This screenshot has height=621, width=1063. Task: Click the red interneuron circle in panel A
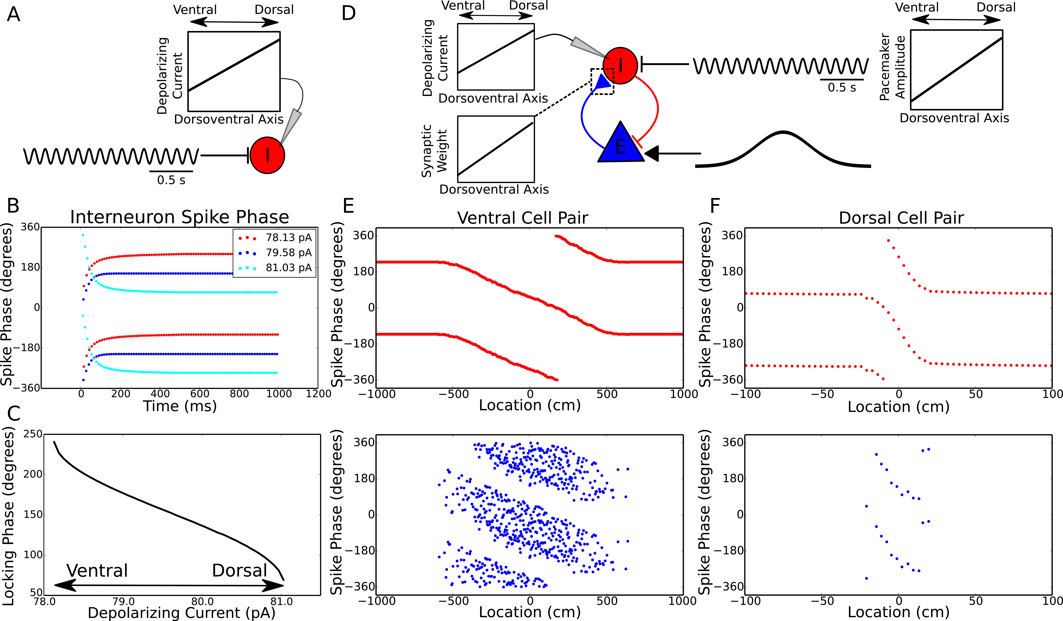tap(267, 155)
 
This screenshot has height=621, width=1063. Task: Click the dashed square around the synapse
tap(602, 81)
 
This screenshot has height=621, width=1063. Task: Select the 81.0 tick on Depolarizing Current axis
tap(281, 601)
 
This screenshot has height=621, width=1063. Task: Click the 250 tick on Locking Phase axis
tap(33, 434)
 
